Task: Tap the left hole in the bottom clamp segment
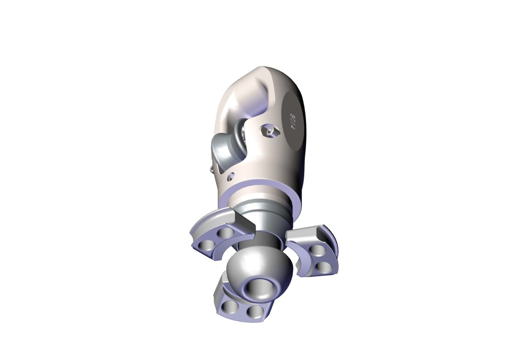[x=229, y=308]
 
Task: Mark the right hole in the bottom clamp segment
[x=254, y=312]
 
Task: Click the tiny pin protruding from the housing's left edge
[x=212, y=169]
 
